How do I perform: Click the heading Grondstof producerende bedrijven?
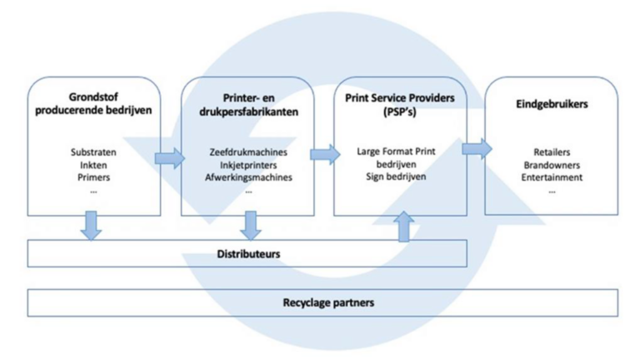pyautogui.click(x=93, y=103)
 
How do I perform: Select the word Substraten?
pyautogui.click(x=93, y=152)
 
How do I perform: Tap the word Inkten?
pyautogui.click(x=93, y=165)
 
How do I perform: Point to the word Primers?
pyautogui.click(x=93, y=177)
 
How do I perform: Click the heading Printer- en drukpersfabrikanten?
pyautogui.click(x=248, y=105)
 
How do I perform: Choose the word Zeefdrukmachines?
pyautogui.click(x=248, y=152)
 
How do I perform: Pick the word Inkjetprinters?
pyautogui.click(x=248, y=165)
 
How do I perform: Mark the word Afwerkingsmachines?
pyautogui.click(x=248, y=177)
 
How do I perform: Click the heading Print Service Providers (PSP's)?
pyautogui.click(x=400, y=105)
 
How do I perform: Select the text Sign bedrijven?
pyautogui.click(x=396, y=177)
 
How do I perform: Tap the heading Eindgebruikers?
pyautogui.click(x=552, y=104)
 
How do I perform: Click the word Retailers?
pyautogui.click(x=552, y=152)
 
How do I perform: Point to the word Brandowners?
pyautogui.click(x=552, y=165)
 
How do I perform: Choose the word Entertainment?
pyautogui.click(x=552, y=177)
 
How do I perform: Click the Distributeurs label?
pyautogui.click(x=248, y=254)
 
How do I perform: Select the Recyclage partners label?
pyautogui.click(x=328, y=302)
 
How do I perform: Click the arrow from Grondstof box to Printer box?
pyautogui.click(x=170, y=158)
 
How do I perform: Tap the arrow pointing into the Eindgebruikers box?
pyautogui.click(x=477, y=149)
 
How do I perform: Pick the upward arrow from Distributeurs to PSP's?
pyautogui.click(x=403, y=227)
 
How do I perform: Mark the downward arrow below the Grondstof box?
pyautogui.click(x=91, y=226)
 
